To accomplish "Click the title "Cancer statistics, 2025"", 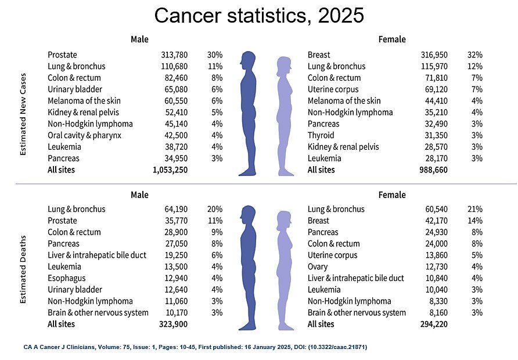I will point(259,15).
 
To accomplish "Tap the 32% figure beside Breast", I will point(474,55).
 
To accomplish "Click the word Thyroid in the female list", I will point(322,135).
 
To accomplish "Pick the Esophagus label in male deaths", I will point(67,278).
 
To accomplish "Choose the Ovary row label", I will point(318,267).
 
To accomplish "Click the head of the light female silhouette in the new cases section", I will point(285,65).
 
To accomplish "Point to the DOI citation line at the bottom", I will point(195,347).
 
